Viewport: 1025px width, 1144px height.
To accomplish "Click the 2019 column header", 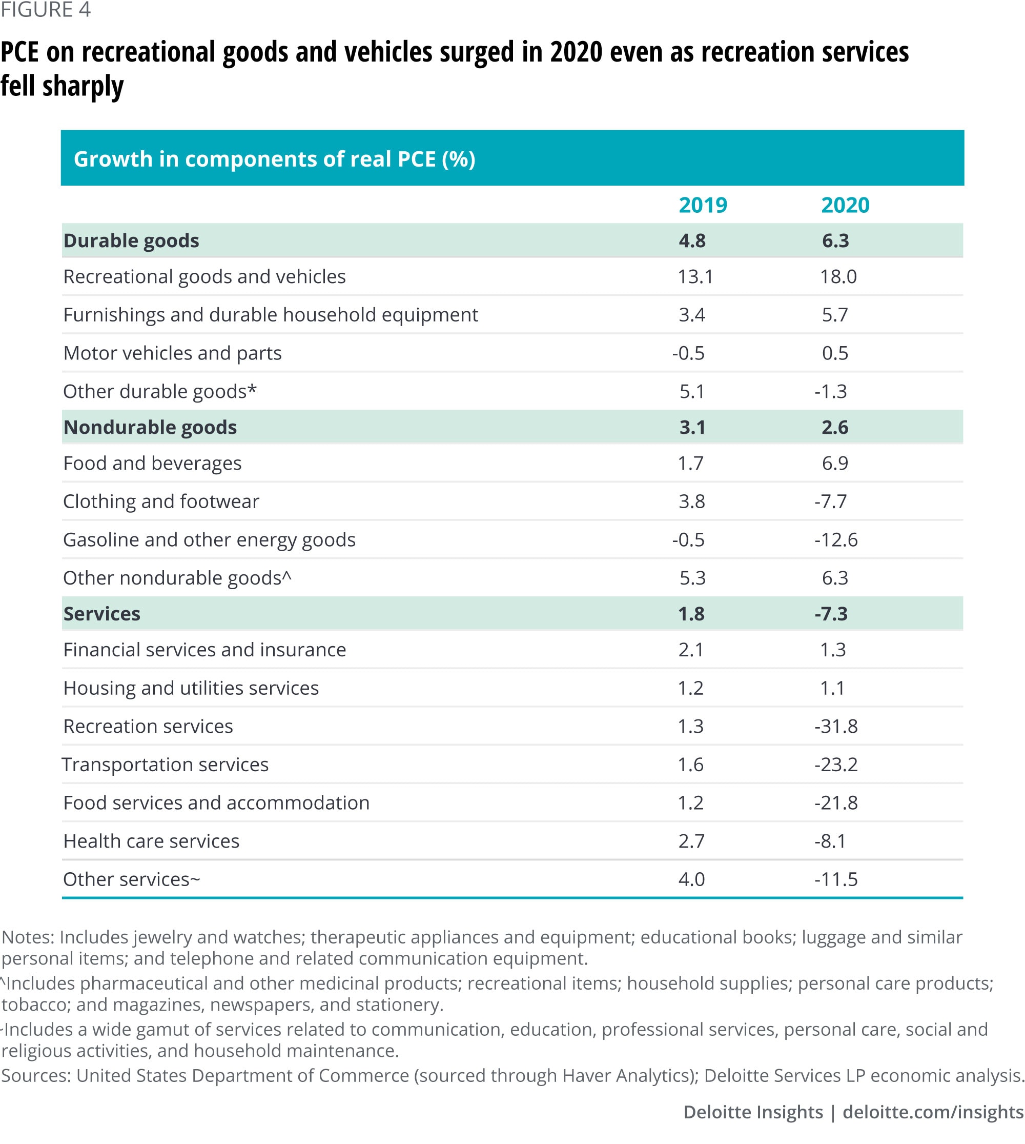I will [702, 205].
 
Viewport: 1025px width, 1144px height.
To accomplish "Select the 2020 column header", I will [845, 205].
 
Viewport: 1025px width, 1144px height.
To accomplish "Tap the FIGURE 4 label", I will [45, 10].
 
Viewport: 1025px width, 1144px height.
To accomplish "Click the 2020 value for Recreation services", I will [836, 726].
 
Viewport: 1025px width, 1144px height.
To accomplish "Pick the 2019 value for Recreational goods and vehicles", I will [695, 276].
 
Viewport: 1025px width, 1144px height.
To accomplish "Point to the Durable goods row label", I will [131, 240].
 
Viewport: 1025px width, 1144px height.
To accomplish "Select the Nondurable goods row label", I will [150, 427].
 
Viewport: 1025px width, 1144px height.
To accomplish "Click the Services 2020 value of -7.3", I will [831, 614].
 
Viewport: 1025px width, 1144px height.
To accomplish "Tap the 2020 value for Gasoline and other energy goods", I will [836, 539].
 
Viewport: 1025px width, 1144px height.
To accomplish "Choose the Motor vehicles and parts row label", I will [172, 353].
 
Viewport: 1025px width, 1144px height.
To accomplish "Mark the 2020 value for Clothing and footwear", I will [831, 501].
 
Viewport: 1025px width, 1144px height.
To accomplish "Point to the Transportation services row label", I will [165, 764].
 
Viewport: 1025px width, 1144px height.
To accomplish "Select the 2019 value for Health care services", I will [691, 841].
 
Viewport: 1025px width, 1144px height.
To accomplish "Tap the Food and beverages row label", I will [152, 463].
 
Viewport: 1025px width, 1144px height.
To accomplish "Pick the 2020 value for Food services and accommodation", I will [836, 802].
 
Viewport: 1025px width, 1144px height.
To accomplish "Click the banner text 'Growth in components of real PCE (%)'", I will [274, 159].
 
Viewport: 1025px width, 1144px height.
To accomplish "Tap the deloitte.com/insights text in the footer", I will [933, 1112].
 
